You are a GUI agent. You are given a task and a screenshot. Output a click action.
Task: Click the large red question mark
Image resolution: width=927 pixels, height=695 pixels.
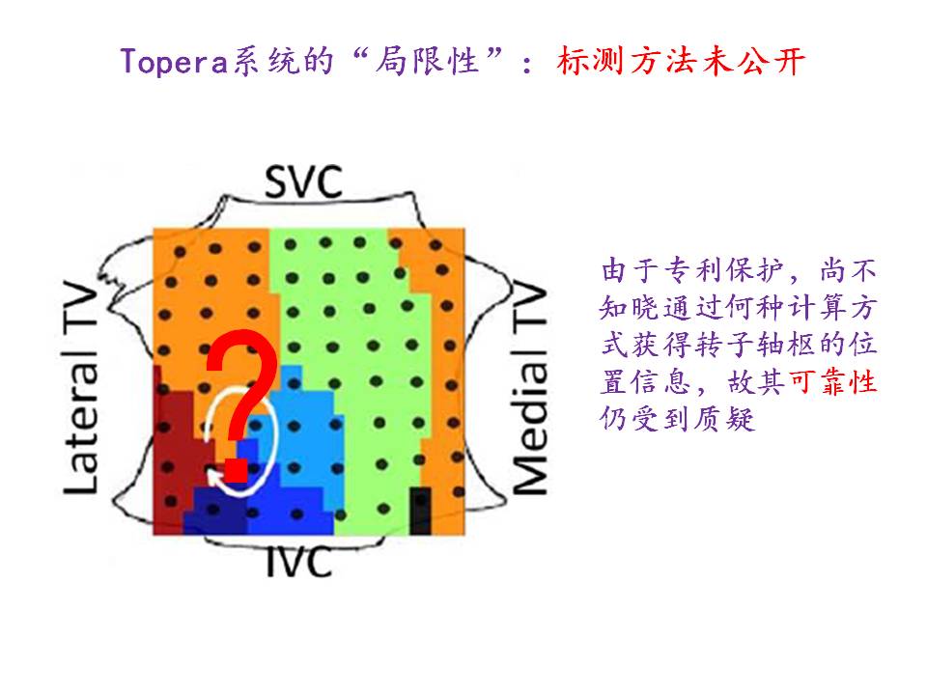[x=242, y=396]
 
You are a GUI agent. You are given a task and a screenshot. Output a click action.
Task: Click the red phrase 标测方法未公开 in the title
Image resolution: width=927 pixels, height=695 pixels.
[x=682, y=61]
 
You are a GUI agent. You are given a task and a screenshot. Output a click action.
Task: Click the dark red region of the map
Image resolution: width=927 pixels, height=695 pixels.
[x=174, y=434]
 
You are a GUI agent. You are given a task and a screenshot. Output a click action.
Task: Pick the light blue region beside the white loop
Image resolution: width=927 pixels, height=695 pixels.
[x=304, y=425]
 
